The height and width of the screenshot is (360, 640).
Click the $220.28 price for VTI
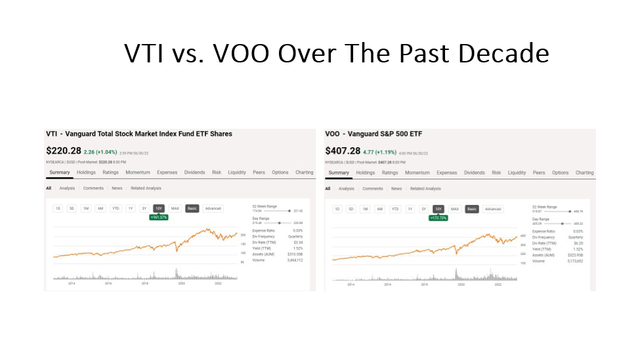[x=68, y=150]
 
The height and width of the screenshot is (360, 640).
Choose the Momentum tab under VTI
[x=137, y=172]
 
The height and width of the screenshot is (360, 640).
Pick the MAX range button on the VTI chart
[x=175, y=209]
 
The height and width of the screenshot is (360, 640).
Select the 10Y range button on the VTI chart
[x=158, y=209]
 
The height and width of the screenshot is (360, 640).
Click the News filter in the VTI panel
[x=117, y=188]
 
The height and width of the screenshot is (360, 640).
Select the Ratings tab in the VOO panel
[x=390, y=172]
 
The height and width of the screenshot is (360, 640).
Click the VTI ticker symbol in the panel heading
[x=51, y=133]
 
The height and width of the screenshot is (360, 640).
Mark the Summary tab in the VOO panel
[x=338, y=172]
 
